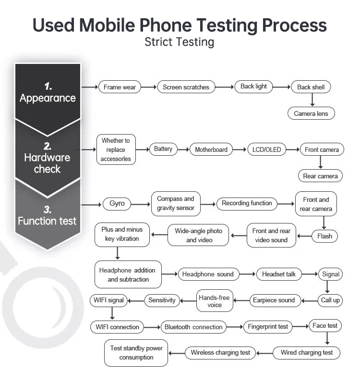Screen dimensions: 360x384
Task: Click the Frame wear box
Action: (120, 87)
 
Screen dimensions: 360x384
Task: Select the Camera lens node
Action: (311, 113)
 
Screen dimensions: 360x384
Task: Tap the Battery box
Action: (163, 149)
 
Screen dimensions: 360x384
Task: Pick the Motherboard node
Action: (211, 149)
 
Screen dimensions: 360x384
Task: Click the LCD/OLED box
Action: (266, 149)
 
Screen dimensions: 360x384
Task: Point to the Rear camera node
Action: (320, 176)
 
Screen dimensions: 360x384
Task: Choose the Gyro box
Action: (117, 204)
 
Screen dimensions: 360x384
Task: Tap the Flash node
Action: (325, 236)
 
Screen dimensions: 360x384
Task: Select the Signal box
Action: (331, 274)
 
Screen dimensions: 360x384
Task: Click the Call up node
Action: (330, 300)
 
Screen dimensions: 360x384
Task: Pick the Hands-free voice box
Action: (215, 301)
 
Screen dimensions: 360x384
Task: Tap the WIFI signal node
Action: (109, 300)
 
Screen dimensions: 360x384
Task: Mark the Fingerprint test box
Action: (268, 327)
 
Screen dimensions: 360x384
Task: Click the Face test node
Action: (325, 326)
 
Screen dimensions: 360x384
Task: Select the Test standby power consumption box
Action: (136, 353)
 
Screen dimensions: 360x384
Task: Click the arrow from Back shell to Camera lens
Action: (312, 99)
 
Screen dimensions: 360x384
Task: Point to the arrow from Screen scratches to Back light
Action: (225, 87)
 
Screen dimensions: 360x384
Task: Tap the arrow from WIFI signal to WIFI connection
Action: (112, 313)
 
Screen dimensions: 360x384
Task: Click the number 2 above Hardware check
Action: (48, 147)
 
